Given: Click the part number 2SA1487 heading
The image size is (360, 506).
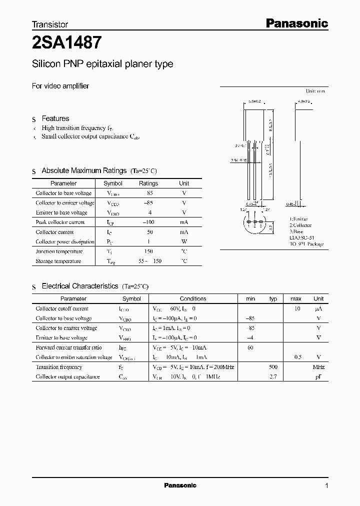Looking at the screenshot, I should coord(67,43).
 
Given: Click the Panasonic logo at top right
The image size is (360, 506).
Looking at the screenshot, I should coord(296,23).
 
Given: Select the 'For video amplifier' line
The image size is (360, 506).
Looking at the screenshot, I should coord(60,85).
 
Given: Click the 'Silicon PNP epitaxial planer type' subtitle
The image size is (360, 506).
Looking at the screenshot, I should coord(102,64).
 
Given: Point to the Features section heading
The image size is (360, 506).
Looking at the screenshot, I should coord(55,118).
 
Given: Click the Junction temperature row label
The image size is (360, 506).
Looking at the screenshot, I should coord(59,251).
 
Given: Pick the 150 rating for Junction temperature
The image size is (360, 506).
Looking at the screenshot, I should coord(148,251).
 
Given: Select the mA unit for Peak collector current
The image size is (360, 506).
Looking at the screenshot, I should coord(184,222).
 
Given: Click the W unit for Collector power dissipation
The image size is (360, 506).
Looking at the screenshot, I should coord(184,241).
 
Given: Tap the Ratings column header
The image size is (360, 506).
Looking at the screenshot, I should coord(148,183).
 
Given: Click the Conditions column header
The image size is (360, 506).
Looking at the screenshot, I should coord(193,298).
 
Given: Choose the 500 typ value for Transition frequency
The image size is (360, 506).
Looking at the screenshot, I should coord(273,367).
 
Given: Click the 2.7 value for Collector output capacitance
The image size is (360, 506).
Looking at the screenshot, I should coord(273,376).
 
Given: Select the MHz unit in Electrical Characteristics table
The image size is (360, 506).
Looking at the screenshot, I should coord(318,367).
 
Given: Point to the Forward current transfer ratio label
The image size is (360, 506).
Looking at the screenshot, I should coord(68,347).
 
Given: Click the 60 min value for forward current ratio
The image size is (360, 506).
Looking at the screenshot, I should coord(250,347).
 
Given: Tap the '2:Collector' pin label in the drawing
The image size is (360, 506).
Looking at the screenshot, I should coord(299,225).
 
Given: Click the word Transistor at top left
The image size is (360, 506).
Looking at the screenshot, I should coord(50,23).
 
